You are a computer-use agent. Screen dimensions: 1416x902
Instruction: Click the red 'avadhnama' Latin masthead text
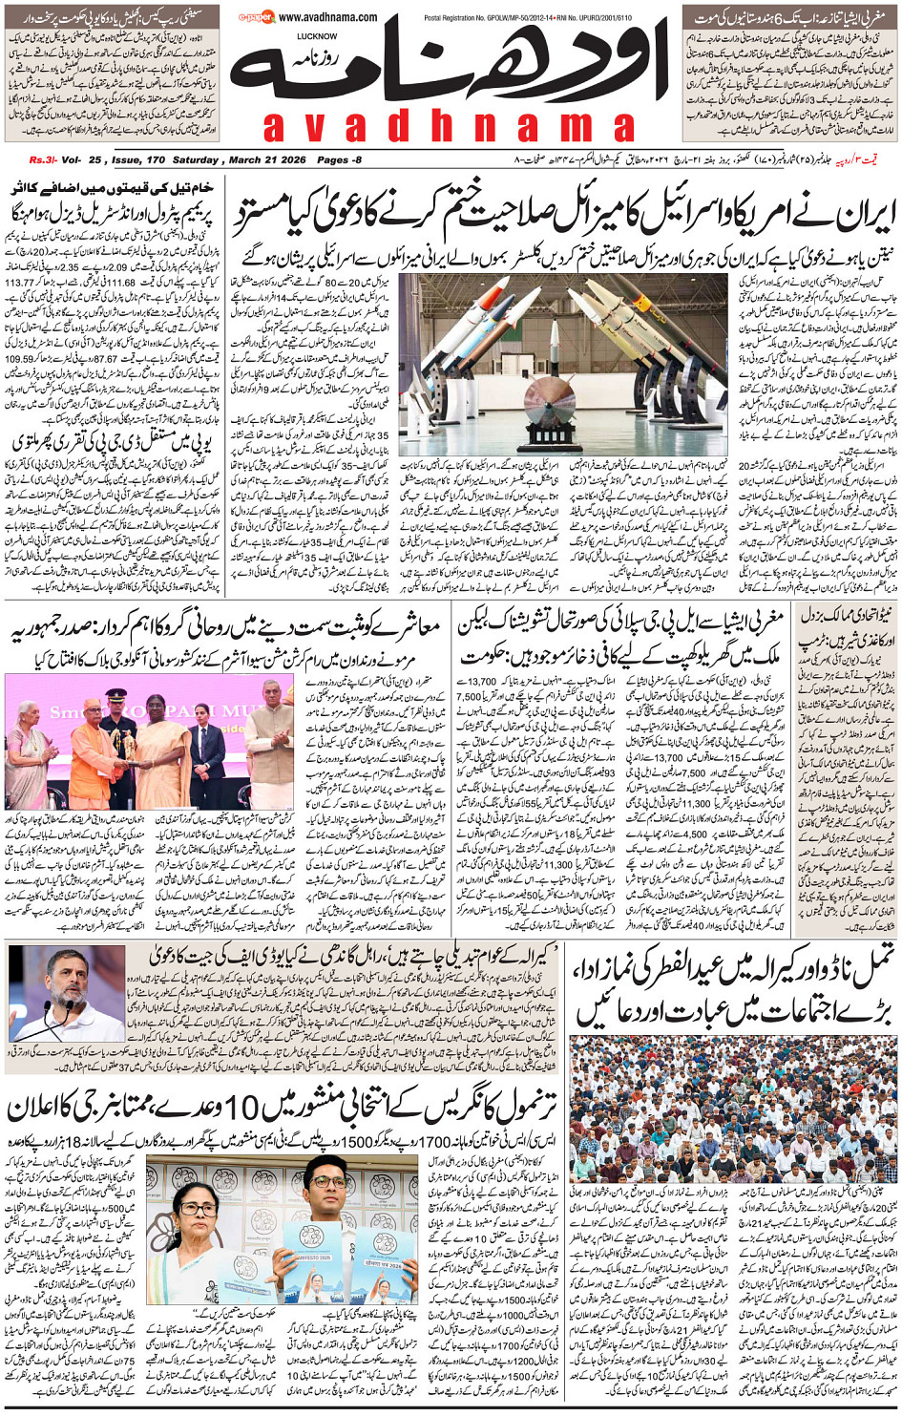[x=449, y=126]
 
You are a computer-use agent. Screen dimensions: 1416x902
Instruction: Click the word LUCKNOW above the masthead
[x=317, y=36]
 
